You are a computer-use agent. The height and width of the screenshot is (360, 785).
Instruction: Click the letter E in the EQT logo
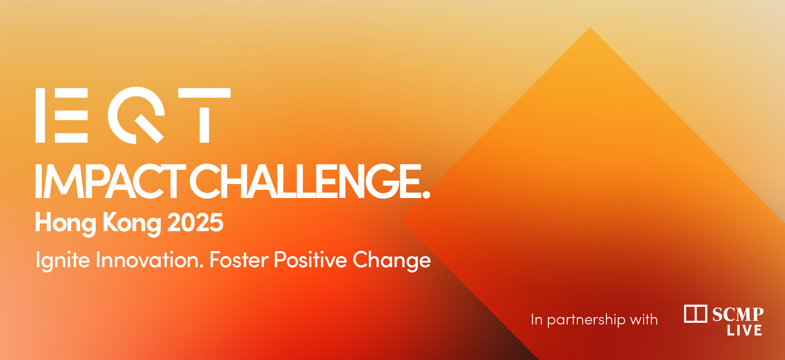(62, 115)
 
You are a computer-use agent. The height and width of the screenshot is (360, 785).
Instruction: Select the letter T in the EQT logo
(204, 115)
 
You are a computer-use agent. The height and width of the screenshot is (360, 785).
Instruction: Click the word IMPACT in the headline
(110, 181)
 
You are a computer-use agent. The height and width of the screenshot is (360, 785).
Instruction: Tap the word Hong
(66, 223)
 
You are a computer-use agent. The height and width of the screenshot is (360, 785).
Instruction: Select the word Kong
(132, 223)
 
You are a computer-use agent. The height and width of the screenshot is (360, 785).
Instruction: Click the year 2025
(195, 223)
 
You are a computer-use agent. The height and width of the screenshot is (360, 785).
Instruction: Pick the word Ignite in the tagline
(63, 261)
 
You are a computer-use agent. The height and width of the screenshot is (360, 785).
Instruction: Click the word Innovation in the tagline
(150, 260)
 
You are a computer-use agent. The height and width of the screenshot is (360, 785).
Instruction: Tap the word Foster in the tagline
(239, 260)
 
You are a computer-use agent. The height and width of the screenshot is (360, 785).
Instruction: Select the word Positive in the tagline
(310, 260)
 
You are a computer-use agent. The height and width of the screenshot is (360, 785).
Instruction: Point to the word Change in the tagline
(392, 261)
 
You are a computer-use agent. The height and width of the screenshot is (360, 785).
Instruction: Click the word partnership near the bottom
(586, 320)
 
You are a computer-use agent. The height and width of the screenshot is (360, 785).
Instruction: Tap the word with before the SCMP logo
(644, 319)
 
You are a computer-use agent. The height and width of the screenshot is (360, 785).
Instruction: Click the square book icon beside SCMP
(695, 314)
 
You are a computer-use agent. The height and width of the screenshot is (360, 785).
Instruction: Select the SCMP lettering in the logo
(738, 315)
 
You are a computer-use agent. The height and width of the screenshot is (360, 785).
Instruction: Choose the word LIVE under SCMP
(744, 330)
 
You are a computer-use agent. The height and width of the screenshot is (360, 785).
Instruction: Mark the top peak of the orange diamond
(590, 27)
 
